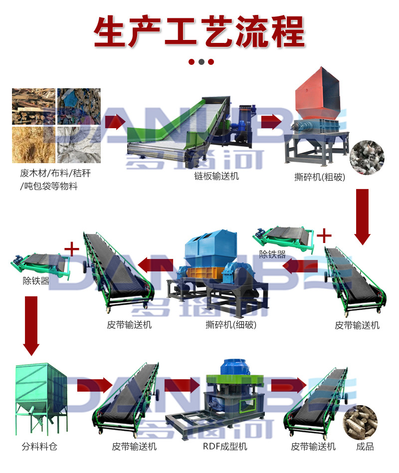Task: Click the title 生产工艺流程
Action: pos(199,32)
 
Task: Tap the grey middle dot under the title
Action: pos(201,62)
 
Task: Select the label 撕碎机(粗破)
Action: pos(319,177)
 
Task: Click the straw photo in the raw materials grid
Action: pos(33,145)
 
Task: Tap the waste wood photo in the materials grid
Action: pos(33,106)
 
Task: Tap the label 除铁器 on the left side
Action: pos(36,281)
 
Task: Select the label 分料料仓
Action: pos(39,446)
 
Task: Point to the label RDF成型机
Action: pos(224,446)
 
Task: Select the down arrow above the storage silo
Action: pos(31,325)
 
